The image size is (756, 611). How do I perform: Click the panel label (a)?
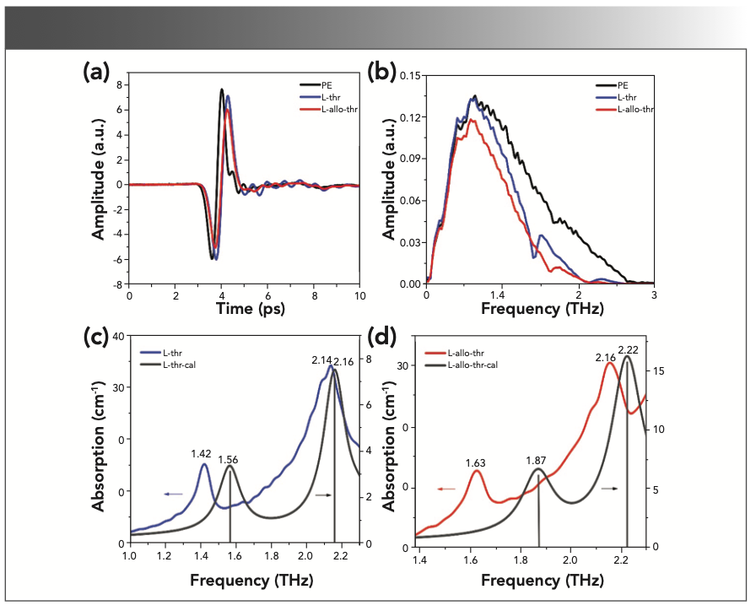(x=96, y=73)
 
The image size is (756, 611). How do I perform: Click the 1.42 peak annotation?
(x=202, y=453)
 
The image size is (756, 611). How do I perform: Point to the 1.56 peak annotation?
(x=230, y=459)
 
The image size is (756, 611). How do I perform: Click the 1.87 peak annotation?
(x=536, y=460)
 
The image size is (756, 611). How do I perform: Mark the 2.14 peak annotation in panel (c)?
(x=322, y=361)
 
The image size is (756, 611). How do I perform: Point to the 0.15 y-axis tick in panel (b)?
(x=409, y=75)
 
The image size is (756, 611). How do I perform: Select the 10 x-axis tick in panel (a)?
(x=359, y=296)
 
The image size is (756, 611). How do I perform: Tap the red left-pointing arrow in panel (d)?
(x=446, y=488)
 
